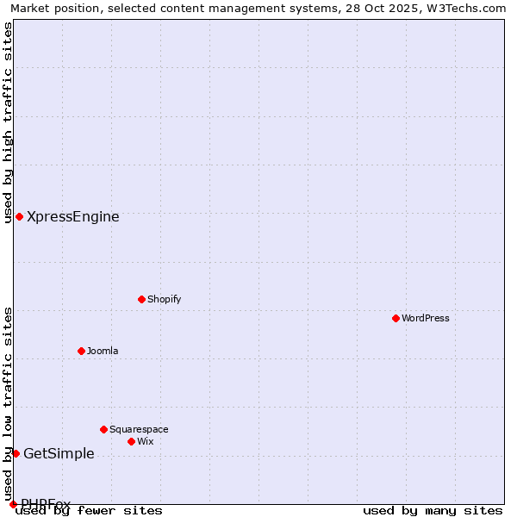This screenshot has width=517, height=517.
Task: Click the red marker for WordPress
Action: point(396,318)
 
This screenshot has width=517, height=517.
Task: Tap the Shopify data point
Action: point(141,299)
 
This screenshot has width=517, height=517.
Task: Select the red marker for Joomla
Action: point(81,351)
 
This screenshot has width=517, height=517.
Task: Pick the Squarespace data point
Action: point(103,429)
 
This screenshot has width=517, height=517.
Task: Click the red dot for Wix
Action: point(131,441)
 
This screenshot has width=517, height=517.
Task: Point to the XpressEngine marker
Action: point(19,216)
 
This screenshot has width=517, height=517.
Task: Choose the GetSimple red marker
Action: point(16,453)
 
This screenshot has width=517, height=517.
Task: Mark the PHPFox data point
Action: point(13,504)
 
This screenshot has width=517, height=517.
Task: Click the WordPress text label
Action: point(426,318)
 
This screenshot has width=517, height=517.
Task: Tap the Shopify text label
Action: point(165,299)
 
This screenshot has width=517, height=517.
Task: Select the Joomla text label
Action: point(103,351)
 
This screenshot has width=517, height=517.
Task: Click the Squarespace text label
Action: point(139,429)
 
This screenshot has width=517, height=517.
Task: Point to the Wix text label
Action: point(146,441)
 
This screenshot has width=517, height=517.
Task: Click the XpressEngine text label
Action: point(73,217)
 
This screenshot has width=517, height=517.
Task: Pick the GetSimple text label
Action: point(59,454)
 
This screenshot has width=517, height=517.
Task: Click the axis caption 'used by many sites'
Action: point(433,510)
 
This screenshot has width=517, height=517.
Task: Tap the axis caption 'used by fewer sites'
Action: point(90,510)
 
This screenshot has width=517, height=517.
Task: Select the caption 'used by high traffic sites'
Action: point(8,122)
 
